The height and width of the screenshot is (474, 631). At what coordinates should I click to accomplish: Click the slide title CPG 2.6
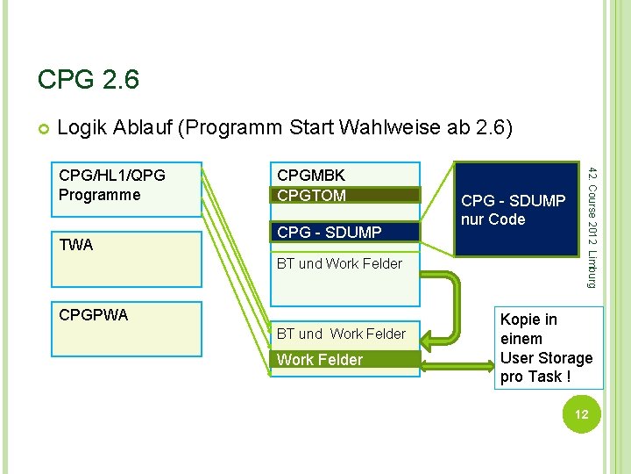click(x=88, y=80)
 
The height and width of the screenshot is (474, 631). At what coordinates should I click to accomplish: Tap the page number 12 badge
click(x=581, y=414)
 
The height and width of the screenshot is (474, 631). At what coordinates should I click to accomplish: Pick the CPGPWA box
click(x=126, y=329)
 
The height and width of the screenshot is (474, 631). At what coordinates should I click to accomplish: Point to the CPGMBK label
click(x=311, y=176)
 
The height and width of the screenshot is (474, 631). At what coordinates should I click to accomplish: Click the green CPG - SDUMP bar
click(x=345, y=233)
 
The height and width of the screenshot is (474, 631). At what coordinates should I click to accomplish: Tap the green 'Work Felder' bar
click(x=345, y=360)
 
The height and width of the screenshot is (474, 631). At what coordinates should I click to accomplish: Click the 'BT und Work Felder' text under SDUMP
click(x=339, y=263)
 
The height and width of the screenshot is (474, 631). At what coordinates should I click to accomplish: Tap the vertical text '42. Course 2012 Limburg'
click(x=592, y=224)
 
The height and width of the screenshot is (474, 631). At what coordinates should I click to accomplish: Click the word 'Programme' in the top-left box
click(x=99, y=195)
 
